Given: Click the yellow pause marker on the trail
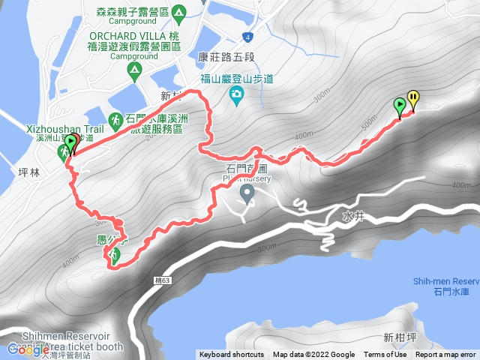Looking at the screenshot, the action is tap(412, 100).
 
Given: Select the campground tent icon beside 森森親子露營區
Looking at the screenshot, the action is tap(178, 13).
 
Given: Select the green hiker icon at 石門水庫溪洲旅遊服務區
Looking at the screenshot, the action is tap(115, 119).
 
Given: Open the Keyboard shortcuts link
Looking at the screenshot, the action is tap(231, 355).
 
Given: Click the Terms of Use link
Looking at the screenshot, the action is tap(385, 355).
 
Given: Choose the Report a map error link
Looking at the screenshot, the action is tap(445, 355).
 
